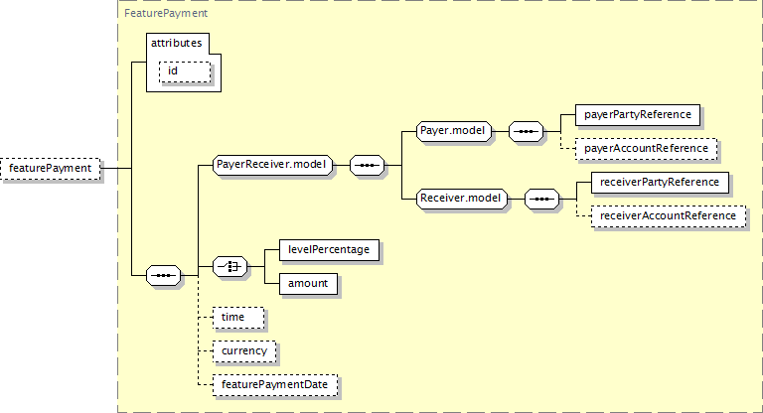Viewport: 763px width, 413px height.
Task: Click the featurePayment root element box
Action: point(51,169)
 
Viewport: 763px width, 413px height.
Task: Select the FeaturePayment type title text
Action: point(166,13)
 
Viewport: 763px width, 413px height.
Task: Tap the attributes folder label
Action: point(176,43)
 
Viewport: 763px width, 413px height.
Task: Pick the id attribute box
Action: point(185,71)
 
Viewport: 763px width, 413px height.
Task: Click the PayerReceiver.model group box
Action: point(272,165)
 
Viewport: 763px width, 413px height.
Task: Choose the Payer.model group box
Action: point(453,131)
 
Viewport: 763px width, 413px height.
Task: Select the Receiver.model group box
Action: point(461,199)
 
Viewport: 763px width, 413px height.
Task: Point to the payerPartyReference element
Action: point(638,115)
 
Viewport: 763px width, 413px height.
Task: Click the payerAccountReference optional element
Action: point(646,149)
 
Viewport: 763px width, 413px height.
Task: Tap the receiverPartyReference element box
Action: point(660,183)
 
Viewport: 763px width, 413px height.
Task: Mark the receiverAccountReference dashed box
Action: point(668,216)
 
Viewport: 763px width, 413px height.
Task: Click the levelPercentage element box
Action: point(329,250)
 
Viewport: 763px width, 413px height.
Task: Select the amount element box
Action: point(309,284)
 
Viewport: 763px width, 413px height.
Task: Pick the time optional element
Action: point(238,318)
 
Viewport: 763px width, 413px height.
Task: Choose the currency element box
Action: point(244,351)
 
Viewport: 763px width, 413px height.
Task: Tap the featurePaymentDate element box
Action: point(275,385)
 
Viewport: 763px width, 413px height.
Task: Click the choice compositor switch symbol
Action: point(229,267)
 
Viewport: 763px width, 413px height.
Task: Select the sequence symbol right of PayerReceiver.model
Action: point(367,165)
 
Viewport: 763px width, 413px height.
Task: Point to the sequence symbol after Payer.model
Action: point(526,131)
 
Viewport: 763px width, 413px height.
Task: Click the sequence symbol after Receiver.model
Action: point(541,199)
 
